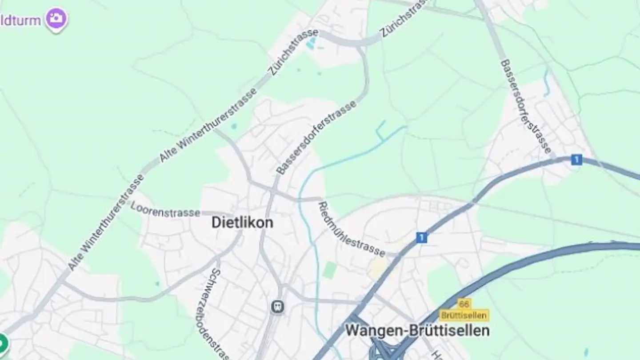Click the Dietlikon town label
click(x=242, y=222)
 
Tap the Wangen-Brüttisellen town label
click(x=417, y=331)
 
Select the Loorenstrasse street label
click(x=165, y=210)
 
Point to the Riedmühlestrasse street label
click(x=351, y=229)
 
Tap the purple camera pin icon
click(x=56, y=19)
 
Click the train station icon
click(x=278, y=306)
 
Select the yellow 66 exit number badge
click(x=464, y=304)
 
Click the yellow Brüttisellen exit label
click(x=464, y=315)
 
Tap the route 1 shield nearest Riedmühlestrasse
click(x=421, y=237)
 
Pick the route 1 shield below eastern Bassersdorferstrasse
click(x=576, y=160)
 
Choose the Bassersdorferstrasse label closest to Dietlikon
click(x=316, y=137)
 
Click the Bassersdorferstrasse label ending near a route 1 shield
click(x=525, y=107)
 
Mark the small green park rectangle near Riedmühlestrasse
click(x=330, y=270)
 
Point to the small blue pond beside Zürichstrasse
click(x=312, y=43)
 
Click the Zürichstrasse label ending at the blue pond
click(x=294, y=52)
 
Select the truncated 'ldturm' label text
click(x=21, y=20)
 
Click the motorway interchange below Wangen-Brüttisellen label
click(x=382, y=349)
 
